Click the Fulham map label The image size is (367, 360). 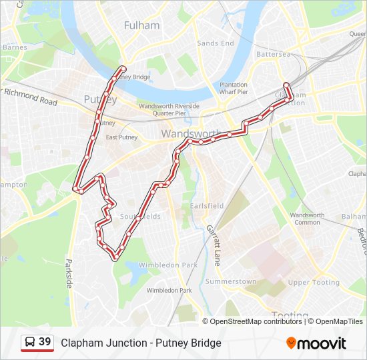(x=142, y=25)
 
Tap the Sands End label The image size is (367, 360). (x=216, y=43)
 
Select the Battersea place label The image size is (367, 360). (x=274, y=54)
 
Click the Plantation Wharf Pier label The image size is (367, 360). (x=234, y=88)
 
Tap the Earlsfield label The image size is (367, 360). (x=207, y=206)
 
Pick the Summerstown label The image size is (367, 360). (x=230, y=282)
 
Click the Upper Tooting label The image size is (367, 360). (x=314, y=283)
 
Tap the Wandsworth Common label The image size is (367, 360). (x=307, y=219)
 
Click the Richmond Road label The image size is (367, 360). (x=31, y=97)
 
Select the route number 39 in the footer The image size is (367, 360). (x=45, y=342)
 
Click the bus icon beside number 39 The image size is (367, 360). (x=30, y=343)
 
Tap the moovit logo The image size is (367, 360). (x=316, y=343)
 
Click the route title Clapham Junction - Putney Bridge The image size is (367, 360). (x=141, y=343)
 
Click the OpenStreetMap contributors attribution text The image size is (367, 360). (x=256, y=321)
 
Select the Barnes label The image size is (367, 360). (x=15, y=47)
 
